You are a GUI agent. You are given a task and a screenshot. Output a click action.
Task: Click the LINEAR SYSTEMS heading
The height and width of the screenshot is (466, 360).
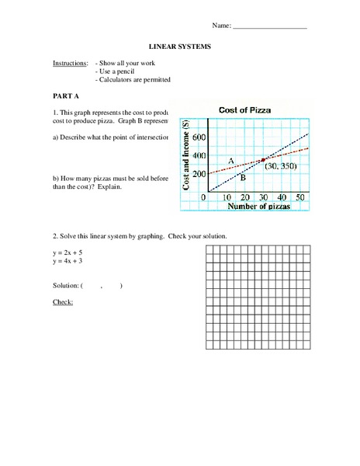(179, 47)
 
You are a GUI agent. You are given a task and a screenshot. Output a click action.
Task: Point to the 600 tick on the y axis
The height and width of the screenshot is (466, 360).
(200, 137)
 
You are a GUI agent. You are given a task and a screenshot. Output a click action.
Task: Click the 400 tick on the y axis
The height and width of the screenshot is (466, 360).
(200, 155)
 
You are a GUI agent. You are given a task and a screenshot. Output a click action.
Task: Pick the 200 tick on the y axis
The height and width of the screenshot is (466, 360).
(200, 174)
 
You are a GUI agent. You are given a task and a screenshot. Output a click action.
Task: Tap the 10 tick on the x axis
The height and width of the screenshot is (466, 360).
(227, 198)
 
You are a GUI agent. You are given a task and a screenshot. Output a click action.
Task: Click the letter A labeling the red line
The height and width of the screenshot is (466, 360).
(230, 160)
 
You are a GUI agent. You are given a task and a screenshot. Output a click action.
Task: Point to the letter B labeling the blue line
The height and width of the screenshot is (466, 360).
(242, 178)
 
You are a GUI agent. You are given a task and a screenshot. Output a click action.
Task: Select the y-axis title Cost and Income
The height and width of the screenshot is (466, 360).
(187, 158)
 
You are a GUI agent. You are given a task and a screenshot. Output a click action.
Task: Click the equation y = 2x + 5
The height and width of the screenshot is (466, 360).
(69, 253)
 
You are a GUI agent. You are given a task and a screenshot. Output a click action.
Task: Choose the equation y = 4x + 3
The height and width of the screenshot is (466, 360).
(69, 262)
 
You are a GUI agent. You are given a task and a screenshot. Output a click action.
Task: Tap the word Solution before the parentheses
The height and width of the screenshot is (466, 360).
(66, 285)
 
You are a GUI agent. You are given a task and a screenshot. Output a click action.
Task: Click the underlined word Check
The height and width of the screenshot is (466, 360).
(62, 301)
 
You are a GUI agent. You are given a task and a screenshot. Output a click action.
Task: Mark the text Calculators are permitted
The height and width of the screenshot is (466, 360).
(134, 79)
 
